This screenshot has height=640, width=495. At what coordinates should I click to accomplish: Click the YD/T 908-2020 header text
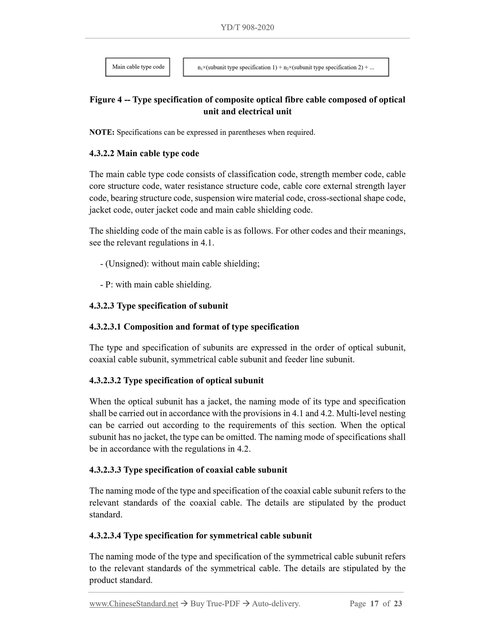coord(247,27)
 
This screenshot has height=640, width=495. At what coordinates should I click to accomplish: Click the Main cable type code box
coord(138,67)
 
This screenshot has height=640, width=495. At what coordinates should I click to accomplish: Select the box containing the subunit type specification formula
coord(286,67)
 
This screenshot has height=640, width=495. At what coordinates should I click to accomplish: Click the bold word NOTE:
coord(102,132)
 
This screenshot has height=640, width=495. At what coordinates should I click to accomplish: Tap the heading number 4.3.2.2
coord(102,153)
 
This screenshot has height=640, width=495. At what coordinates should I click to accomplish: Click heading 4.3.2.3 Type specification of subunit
coord(159,306)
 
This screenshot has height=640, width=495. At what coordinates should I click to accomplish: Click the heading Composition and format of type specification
coord(211,327)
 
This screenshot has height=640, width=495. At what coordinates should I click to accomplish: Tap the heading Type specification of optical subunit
coord(194,381)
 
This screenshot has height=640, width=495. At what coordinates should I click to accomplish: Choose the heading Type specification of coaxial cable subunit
coord(205,470)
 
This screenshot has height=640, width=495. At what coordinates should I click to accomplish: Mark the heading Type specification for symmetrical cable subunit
coord(218,536)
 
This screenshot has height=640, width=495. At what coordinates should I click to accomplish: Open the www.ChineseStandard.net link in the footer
coord(134,604)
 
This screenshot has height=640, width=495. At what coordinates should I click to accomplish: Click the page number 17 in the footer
coord(374,604)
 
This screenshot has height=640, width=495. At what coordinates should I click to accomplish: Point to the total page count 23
coord(398,604)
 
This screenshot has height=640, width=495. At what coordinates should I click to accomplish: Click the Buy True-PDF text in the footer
coord(215,604)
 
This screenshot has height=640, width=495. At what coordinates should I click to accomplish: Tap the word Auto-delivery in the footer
coord(276,604)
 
